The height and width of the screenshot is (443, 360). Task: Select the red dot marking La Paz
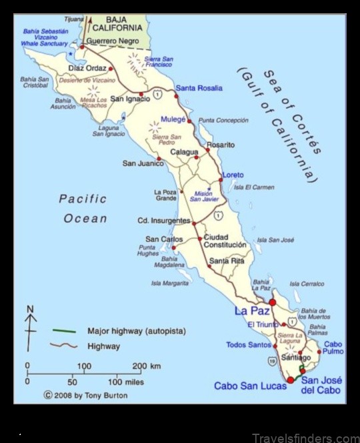272,302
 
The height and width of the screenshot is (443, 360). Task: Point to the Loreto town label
233,175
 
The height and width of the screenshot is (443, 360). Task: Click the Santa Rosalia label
198,89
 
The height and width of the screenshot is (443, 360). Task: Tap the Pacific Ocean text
84,209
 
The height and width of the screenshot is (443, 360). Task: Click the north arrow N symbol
31,309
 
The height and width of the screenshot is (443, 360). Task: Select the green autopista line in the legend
65,330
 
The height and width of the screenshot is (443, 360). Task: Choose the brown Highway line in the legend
65,346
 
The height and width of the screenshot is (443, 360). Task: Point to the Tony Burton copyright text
85,394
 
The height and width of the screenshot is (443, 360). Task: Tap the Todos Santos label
249,345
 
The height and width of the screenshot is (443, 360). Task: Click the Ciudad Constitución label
225,240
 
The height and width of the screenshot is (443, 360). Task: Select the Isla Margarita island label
171,283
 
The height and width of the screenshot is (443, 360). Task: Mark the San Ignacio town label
127,99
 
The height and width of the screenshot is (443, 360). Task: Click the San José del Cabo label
321,385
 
